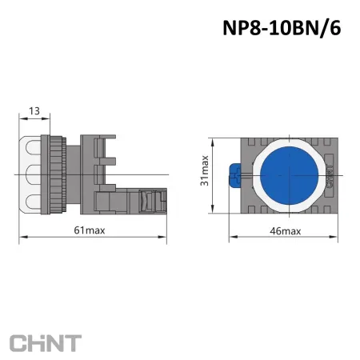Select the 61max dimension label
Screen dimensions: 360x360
(90, 231)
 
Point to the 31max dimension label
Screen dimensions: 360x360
(205, 173)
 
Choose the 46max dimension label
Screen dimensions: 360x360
(285, 231)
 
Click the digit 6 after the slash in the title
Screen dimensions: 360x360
(335, 28)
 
